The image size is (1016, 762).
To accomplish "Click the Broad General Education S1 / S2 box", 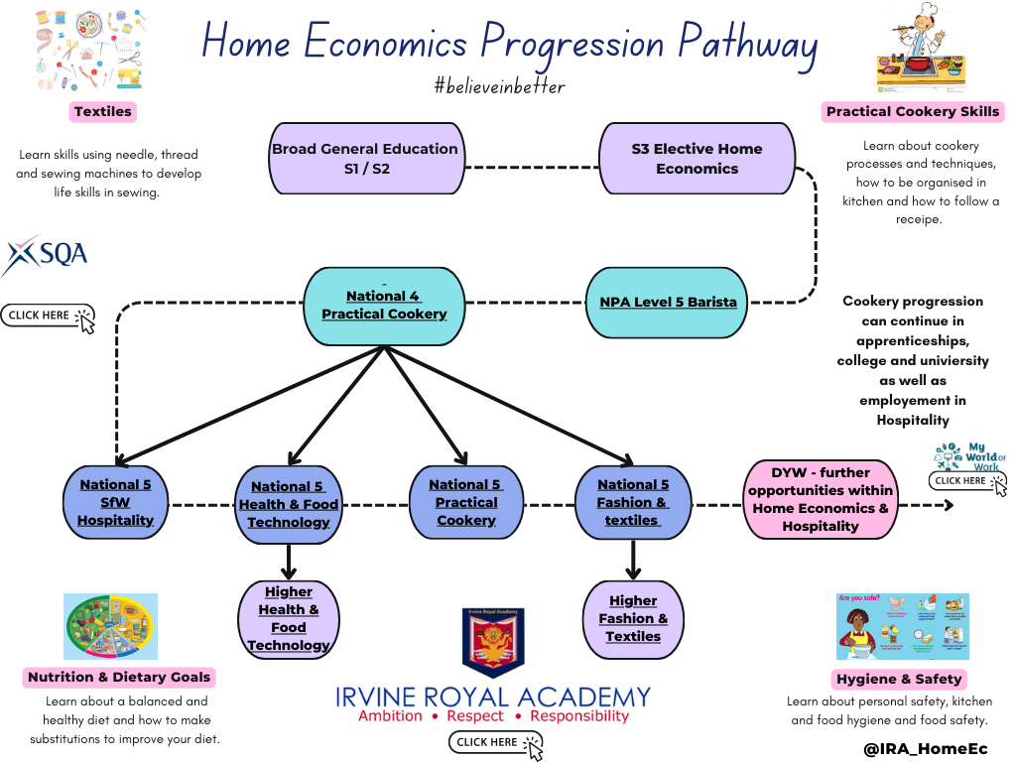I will pos(365,159).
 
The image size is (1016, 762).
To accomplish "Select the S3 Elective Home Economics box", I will pos(697,159).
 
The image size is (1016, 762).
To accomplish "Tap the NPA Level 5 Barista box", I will pos(668,302).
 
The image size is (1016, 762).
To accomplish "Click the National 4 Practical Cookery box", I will pos(384,304).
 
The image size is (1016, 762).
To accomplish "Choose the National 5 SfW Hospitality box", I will pos(116,502).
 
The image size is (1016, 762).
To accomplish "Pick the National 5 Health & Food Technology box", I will pos(288,504).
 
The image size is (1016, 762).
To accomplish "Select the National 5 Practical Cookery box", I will pos(466,502).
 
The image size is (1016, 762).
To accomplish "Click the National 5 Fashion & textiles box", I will pos(633,502).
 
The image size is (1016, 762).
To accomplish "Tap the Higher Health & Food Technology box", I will pos(289,618).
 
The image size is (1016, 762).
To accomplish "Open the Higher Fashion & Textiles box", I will pos(633,618).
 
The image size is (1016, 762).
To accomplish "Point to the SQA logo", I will pos(45,256).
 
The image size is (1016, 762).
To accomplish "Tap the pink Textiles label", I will pos(102,111).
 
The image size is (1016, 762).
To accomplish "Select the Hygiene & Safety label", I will pos(898,679).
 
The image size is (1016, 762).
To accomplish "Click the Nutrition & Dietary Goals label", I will pos(119,677).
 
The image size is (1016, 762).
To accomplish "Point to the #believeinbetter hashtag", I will pos(499,86).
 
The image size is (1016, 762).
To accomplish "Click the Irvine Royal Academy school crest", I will pos(493,642).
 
